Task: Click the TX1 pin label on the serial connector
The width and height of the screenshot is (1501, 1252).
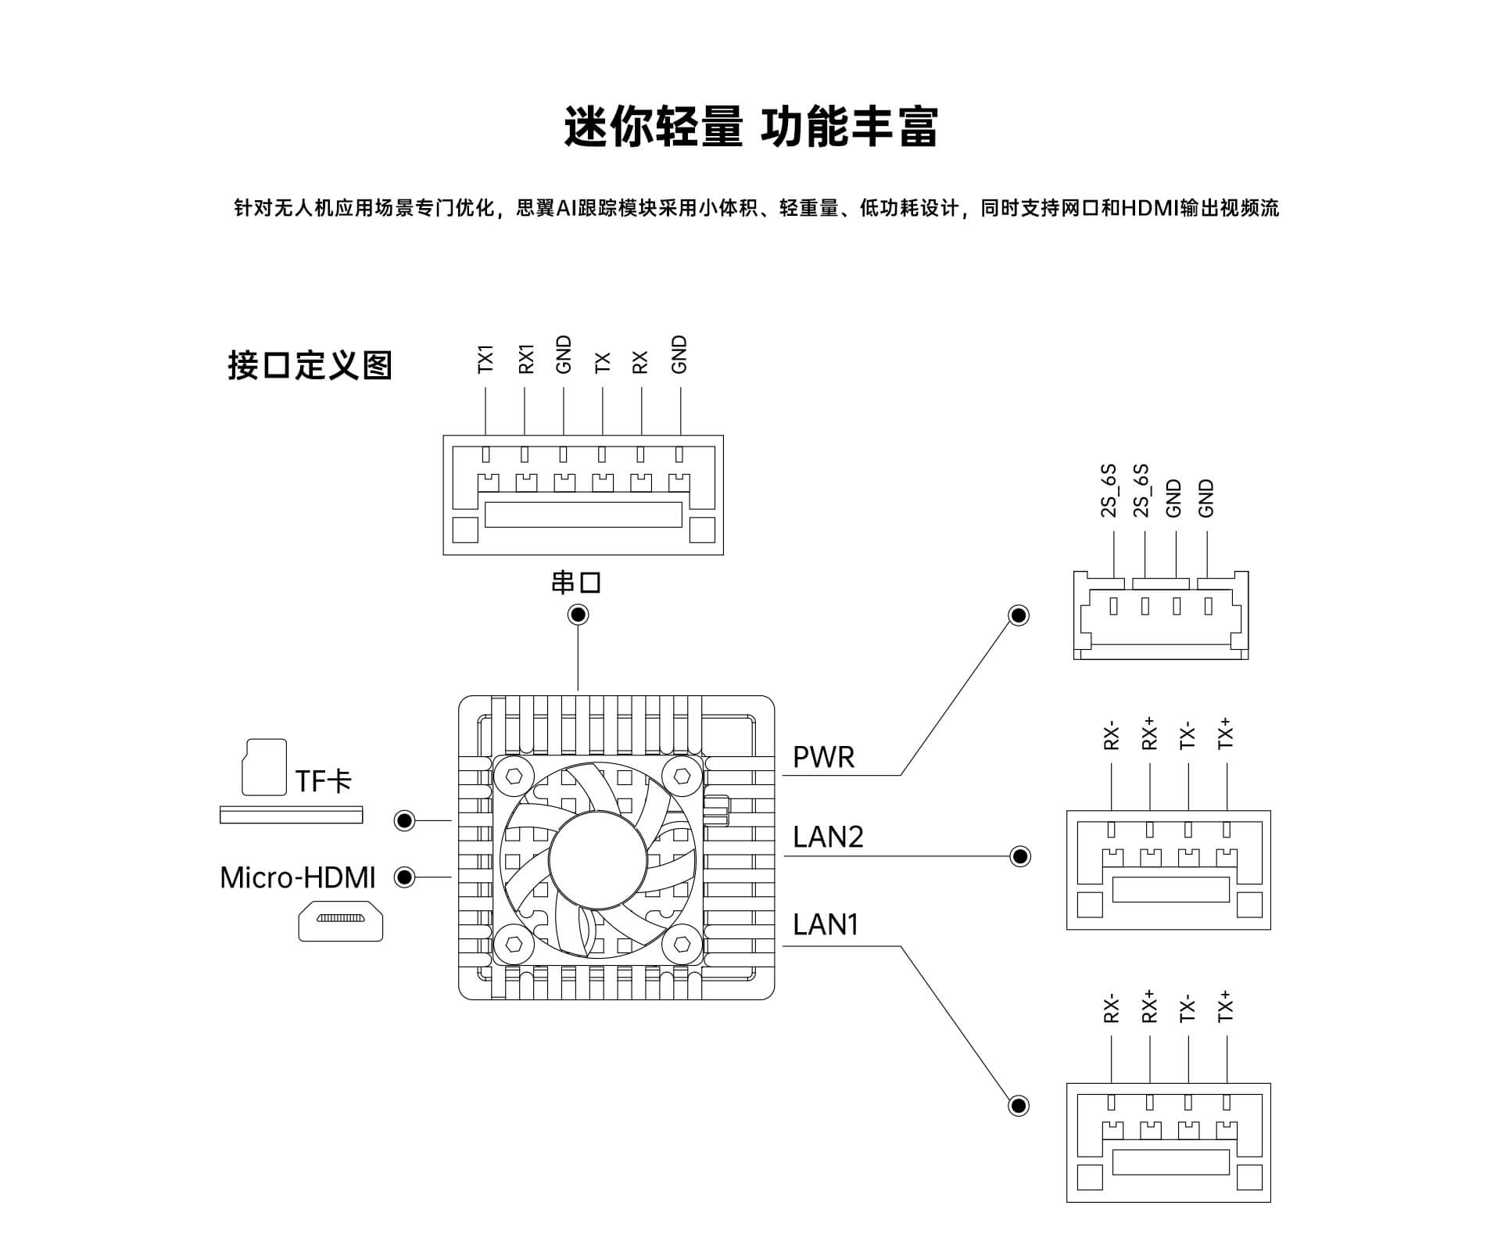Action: [485, 359]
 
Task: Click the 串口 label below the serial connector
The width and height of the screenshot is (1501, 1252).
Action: [576, 583]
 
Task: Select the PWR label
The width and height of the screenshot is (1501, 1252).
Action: [823, 757]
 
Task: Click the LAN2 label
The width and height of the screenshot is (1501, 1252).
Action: [828, 837]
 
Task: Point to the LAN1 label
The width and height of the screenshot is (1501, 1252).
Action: [826, 924]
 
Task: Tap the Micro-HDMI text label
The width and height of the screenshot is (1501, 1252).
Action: [298, 877]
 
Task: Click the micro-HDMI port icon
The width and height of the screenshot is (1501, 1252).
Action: [341, 920]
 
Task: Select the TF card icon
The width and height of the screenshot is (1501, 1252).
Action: [265, 767]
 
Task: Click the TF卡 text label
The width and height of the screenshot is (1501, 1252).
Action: [324, 780]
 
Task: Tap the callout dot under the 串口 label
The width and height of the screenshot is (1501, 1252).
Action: [578, 615]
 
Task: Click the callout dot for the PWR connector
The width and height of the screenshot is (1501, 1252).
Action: [1019, 616]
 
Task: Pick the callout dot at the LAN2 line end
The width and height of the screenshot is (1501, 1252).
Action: [1020, 856]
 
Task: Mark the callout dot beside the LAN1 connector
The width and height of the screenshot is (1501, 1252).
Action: [1019, 1106]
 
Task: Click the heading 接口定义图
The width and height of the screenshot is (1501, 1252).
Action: [310, 365]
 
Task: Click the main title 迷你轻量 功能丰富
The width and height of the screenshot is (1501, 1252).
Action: [750, 127]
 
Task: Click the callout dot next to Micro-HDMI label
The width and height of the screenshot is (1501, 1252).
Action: [404, 877]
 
